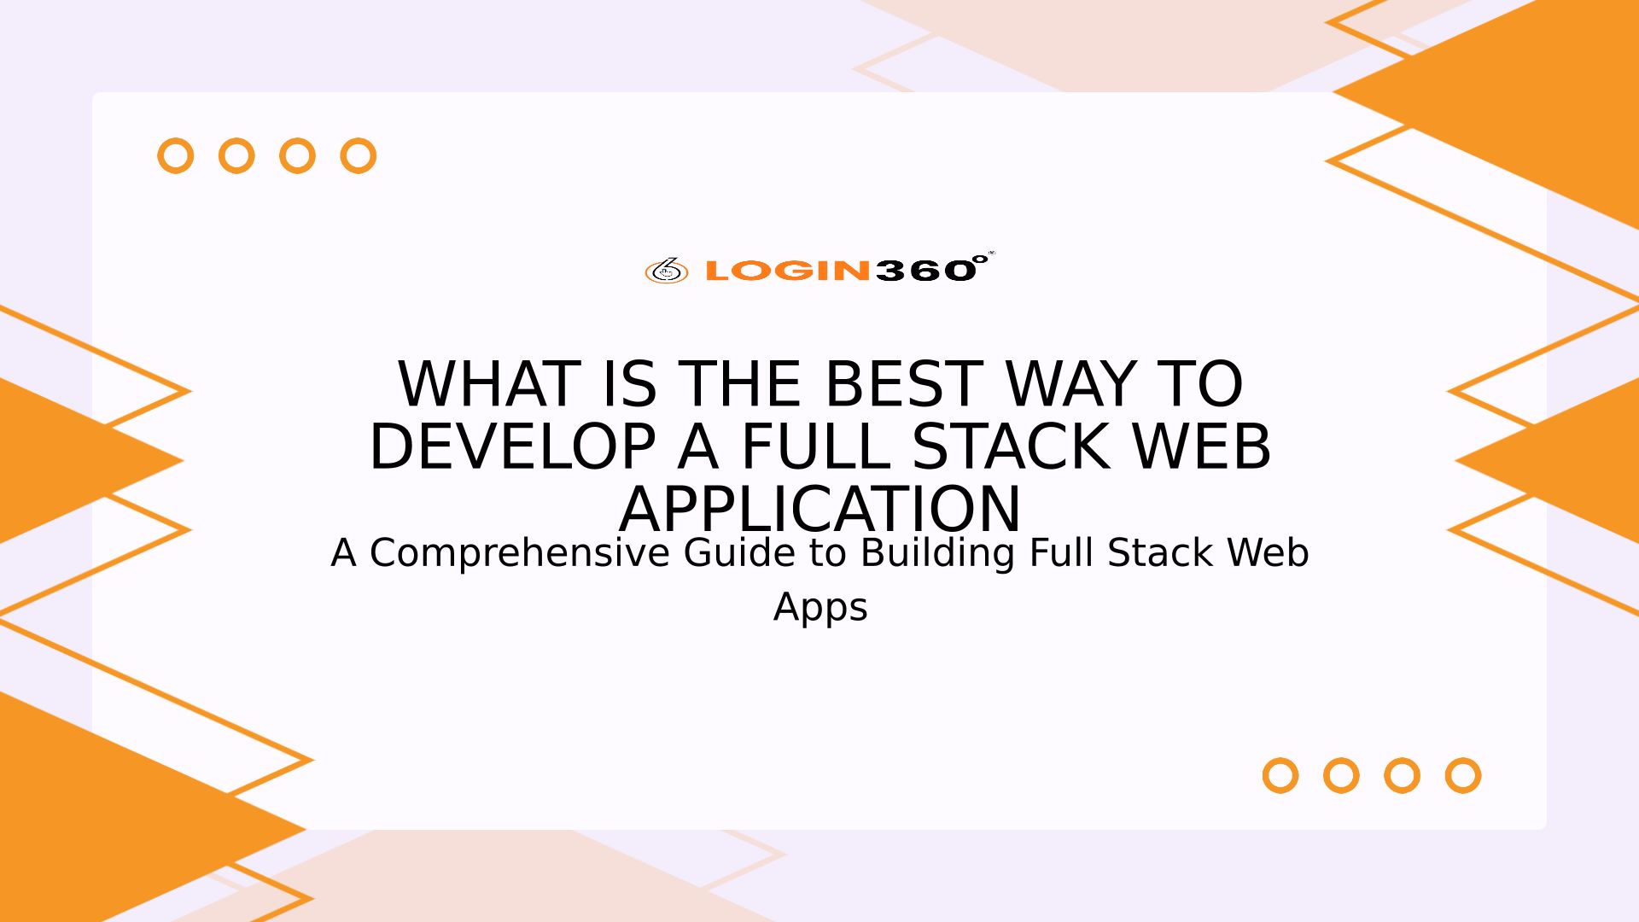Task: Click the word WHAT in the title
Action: pos(489,384)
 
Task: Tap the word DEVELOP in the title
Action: pos(512,446)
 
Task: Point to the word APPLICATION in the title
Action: pos(819,510)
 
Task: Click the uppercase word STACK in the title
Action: pos(1011,446)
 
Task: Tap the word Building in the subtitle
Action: pos(938,553)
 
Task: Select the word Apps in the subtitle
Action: pos(820,608)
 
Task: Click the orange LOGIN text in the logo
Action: pos(788,271)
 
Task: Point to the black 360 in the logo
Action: pos(925,271)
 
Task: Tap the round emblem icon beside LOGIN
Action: pos(667,271)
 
